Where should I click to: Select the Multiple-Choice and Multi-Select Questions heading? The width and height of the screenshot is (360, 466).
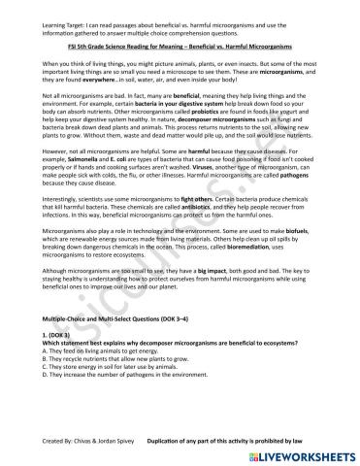pyautogui.click(x=113, y=345)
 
